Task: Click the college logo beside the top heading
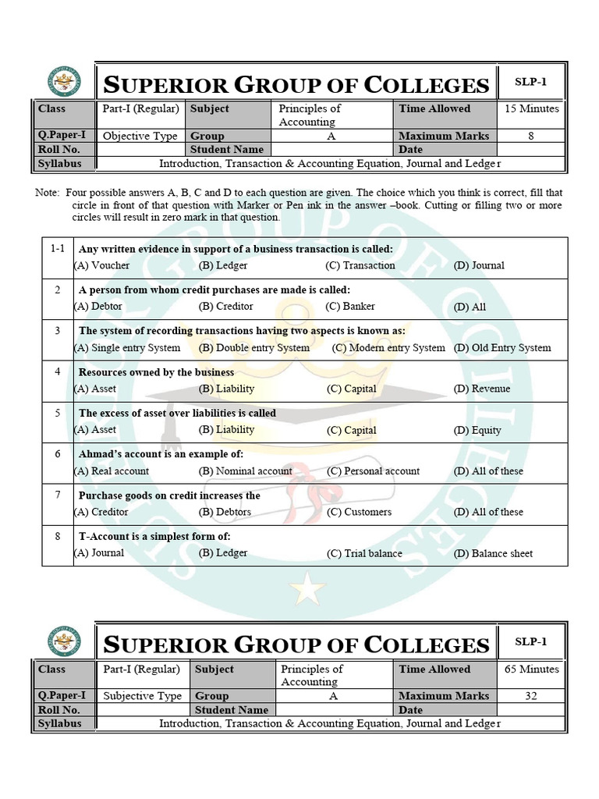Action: [x=64, y=82]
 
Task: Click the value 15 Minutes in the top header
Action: [x=531, y=109]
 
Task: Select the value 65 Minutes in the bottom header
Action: [x=531, y=669]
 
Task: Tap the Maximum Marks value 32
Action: [x=531, y=696]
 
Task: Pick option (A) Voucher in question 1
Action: [x=102, y=265]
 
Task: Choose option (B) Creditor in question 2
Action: [x=225, y=307]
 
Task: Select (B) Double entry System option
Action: [x=253, y=348]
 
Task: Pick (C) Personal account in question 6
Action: [x=373, y=471]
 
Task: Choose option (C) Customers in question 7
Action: [x=359, y=512]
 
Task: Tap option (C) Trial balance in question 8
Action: [x=364, y=553]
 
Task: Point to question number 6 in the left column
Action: [x=57, y=454]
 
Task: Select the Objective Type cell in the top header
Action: [x=140, y=136]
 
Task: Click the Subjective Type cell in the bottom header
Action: [x=142, y=696]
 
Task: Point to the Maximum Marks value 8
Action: [x=531, y=136]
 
